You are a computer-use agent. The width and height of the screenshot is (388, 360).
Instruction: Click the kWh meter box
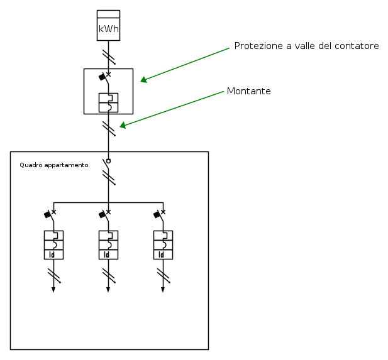click(108, 25)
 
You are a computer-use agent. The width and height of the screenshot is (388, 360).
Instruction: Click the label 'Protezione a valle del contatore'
click(306, 46)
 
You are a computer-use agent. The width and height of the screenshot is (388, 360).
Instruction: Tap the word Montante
click(248, 91)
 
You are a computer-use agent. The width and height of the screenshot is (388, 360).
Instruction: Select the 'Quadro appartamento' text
click(54, 165)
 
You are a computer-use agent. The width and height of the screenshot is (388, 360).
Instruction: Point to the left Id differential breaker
click(53, 244)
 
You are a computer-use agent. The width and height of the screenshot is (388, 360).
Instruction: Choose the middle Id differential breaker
click(108, 244)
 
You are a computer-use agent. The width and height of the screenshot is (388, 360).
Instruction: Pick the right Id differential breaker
click(163, 244)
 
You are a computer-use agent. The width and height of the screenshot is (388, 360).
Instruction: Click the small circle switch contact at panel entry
click(108, 161)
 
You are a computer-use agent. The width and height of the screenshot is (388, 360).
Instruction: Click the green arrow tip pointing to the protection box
click(141, 80)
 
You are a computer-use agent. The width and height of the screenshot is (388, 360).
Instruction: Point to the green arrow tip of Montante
click(121, 126)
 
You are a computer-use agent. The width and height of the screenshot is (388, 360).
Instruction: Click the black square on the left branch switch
click(47, 215)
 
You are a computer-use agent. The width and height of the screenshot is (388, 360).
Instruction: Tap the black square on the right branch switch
click(157, 215)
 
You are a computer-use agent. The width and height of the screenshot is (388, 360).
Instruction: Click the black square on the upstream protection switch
click(102, 77)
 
